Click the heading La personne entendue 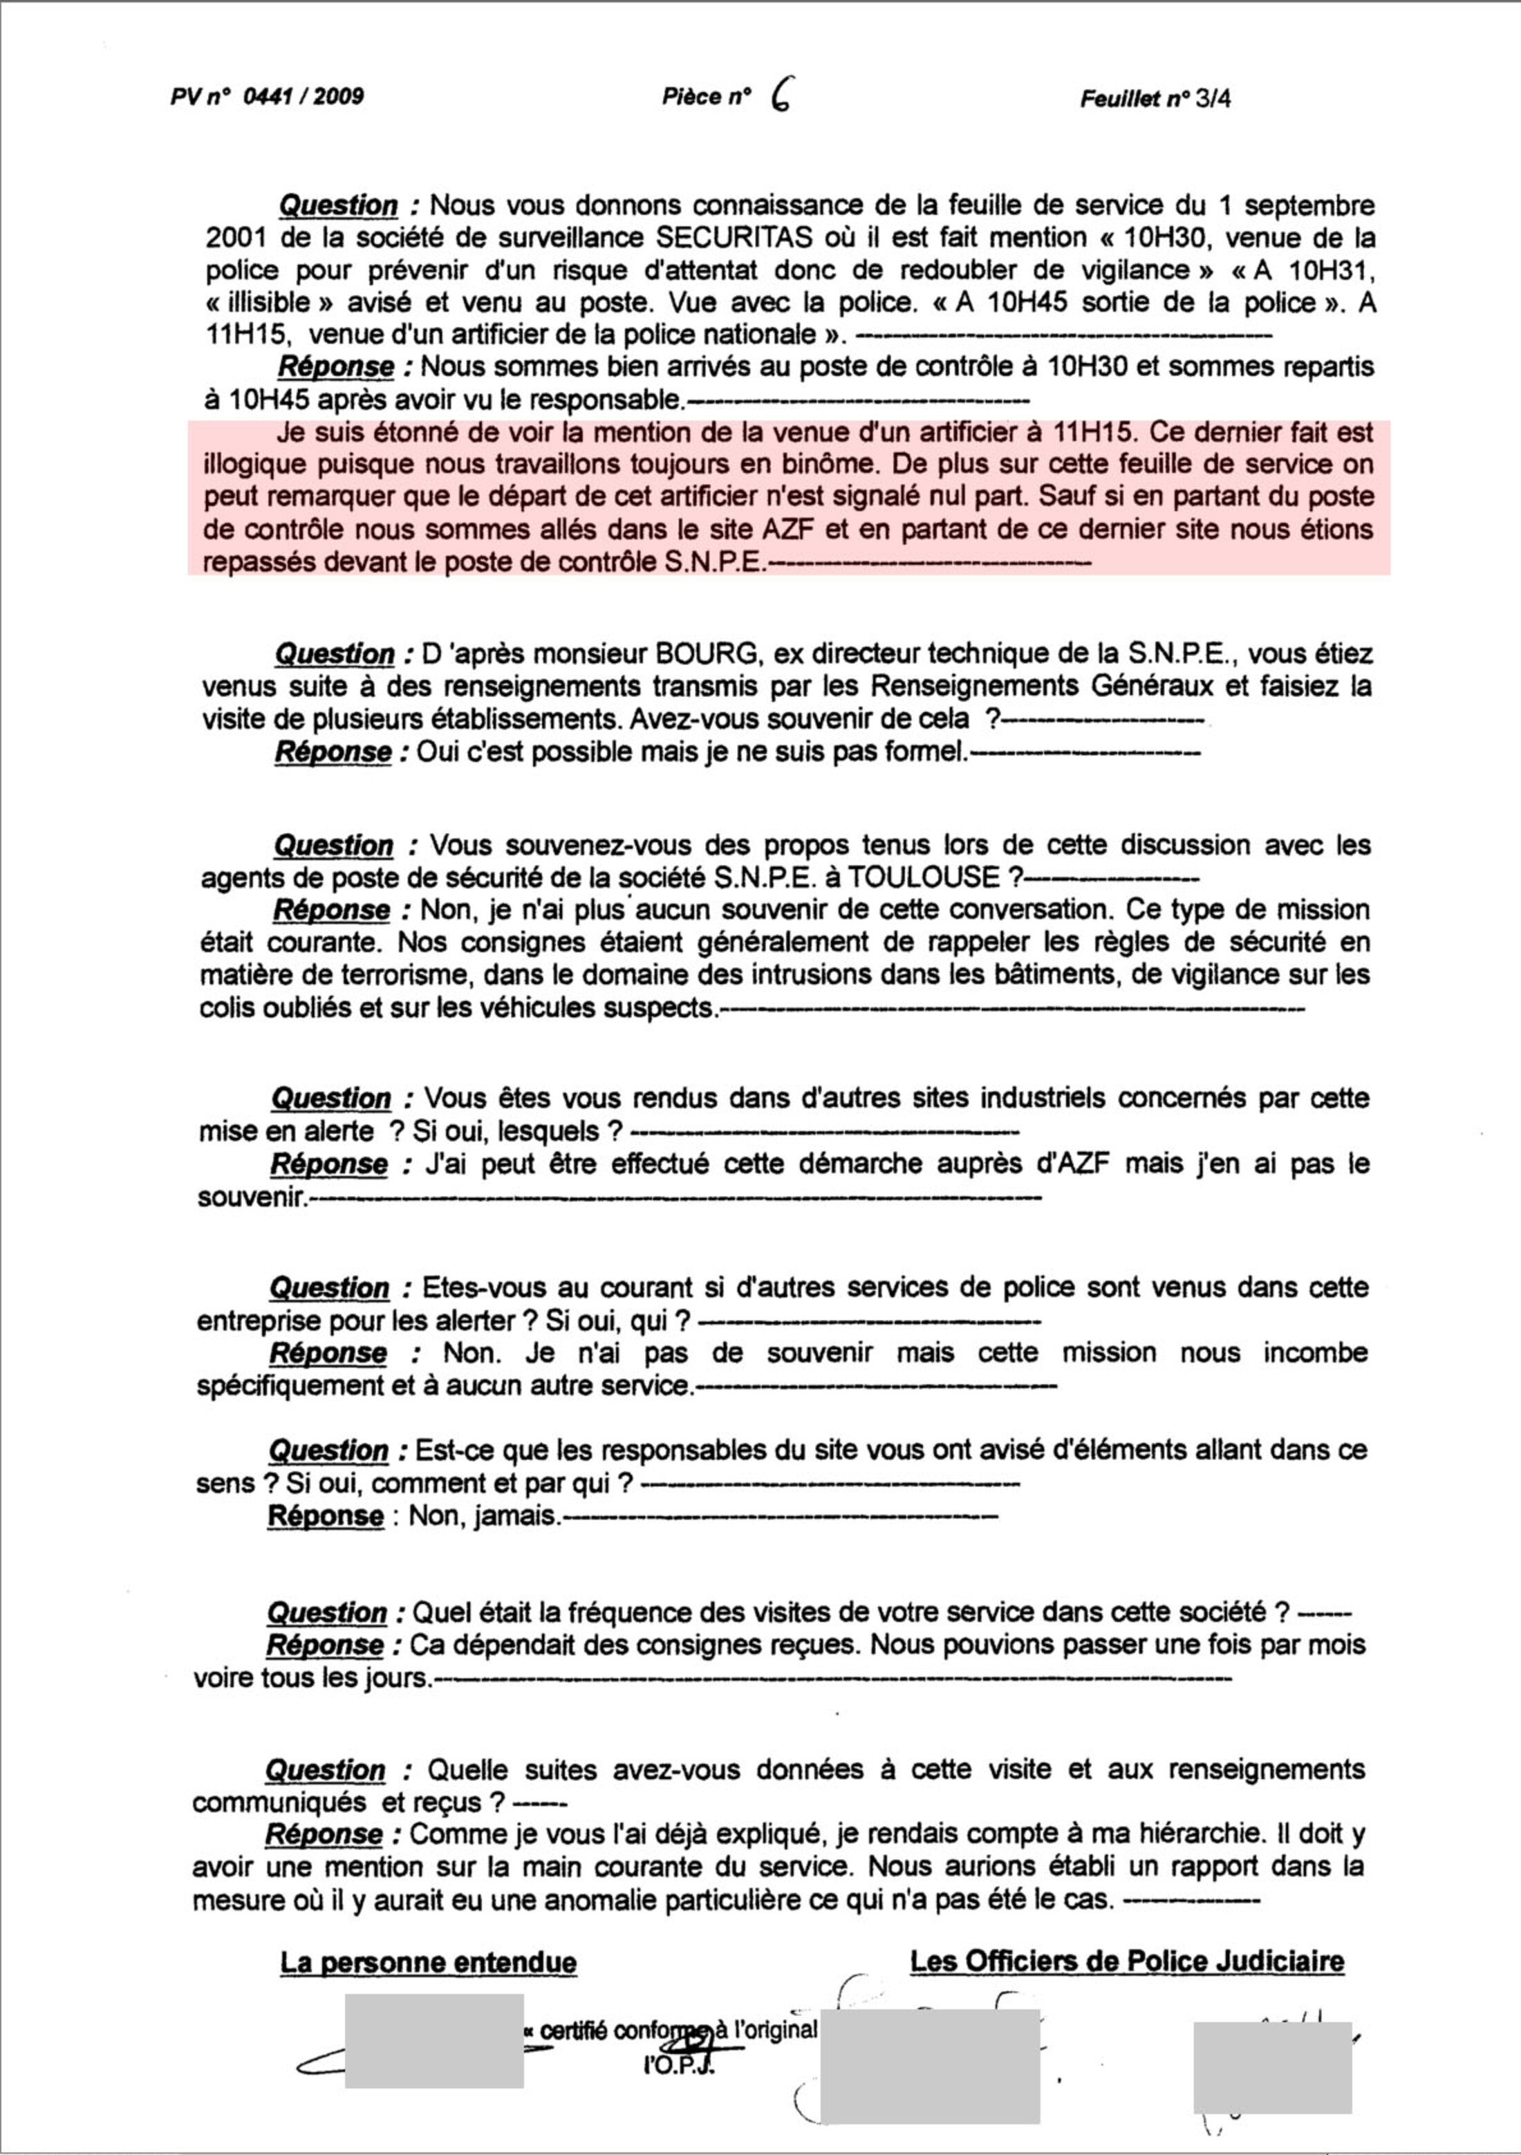(428, 1963)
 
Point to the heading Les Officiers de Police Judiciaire (1127, 1961)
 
